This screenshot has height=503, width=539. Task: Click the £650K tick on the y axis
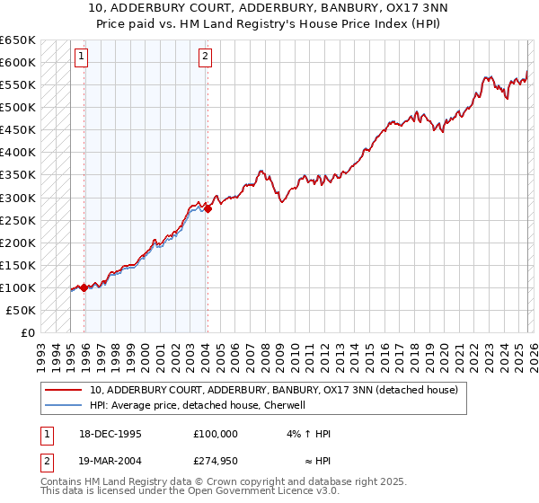tap(18, 40)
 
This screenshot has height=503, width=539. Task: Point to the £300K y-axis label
tap(18, 198)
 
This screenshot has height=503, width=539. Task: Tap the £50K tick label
tap(22, 310)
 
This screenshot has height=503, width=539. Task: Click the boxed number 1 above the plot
tap(81, 57)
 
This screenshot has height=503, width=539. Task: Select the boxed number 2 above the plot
tap(205, 57)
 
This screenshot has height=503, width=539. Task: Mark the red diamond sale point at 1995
tap(84, 287)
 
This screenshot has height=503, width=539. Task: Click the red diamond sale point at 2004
tap(208, 208)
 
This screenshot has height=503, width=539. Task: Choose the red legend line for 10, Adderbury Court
tap(64, 390)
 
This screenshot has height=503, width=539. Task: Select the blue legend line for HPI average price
tap(64, 405)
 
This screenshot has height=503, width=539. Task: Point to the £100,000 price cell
tap(216, 434)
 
